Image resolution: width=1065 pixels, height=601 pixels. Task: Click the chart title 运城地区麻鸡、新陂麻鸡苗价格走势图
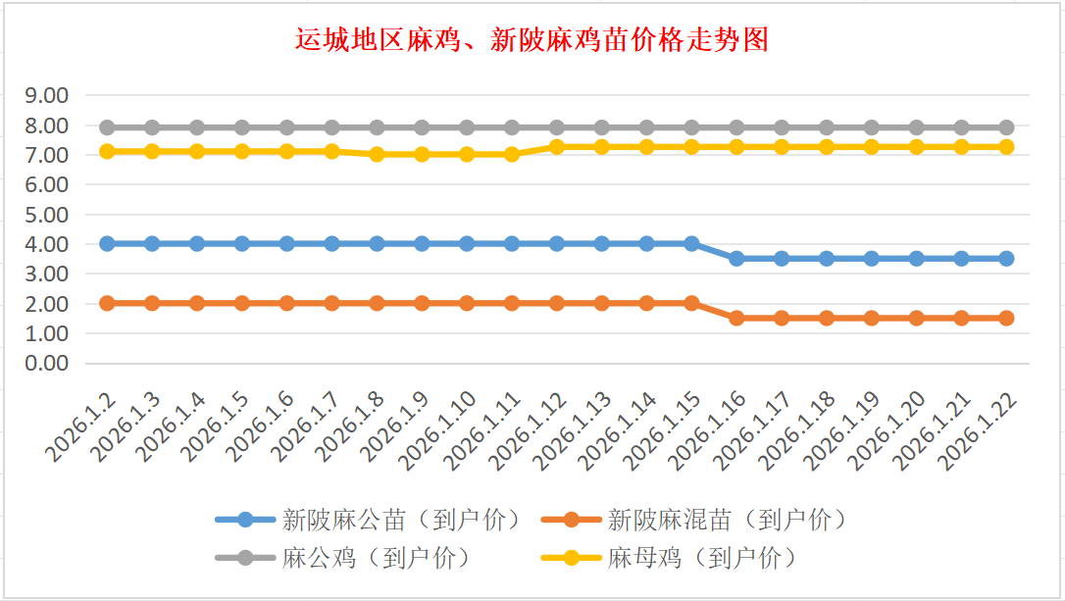(x=532, y=40)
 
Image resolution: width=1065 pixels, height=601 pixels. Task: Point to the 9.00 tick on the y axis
(x=48, y=96)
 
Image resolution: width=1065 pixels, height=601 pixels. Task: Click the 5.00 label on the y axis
(x=48, y=215)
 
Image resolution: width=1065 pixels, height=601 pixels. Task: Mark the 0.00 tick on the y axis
(x=48, y=363)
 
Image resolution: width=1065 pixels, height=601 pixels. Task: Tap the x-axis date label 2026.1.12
(x=530, y=431)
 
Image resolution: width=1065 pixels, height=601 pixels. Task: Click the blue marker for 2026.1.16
(x=736, y=259)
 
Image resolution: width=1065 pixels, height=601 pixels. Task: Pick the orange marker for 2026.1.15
(x=691, y=303)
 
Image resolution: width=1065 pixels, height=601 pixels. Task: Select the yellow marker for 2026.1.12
(x=557, y=147)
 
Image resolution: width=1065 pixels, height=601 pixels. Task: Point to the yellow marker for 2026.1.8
(x=377, y=154)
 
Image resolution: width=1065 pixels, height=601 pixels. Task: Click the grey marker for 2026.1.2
(x=107, y=127)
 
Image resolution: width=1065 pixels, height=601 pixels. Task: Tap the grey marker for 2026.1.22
(x=1006, y=127)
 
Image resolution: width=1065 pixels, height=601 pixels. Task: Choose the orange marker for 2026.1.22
(x=1006, y=318)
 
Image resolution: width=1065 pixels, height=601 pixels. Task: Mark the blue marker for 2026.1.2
(x=107, y=243)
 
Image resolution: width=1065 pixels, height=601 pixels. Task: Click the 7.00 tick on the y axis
(x=48, y=155)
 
